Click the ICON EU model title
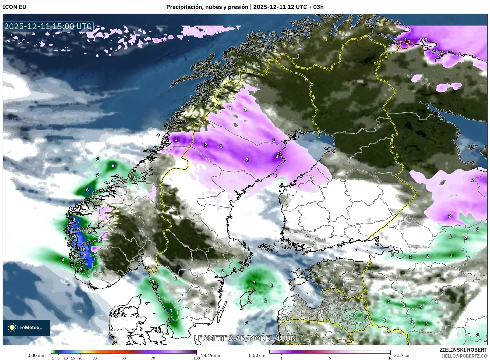(x=15, y=7)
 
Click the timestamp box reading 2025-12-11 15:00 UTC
(x=48, y=26)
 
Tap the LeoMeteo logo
(x=26, y=327)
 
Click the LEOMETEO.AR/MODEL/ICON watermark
(x=245, y=338)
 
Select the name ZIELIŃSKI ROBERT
(x=463, y=350)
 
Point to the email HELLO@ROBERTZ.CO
(x=464, y=356)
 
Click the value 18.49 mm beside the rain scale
(x=211, y=355)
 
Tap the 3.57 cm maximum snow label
(x=402, y=355)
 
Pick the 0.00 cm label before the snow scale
(x=257, y=355)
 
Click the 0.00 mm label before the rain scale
(x=36, y=355)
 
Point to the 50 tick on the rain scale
(x=124, y=358)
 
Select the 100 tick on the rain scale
(x=197, y=358)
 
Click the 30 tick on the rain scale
(x=94, y=358)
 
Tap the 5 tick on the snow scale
(x=330, y=358)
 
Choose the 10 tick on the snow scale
(x=390, y=358)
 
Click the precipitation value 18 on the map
(x=83, y=250)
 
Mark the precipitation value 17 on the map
(x=74, y=235)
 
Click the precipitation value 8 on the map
(x=74, y=219)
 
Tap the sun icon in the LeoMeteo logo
(x=12, y=327)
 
